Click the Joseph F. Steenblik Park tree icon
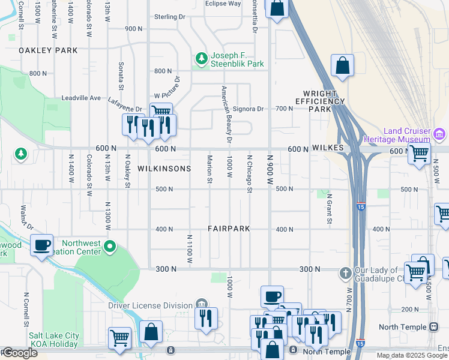click(x=201, y=59)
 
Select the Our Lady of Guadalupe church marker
click(x=345, y=273)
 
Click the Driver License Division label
click(x=150, y=305)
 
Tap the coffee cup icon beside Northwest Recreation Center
click(x=41, y=245)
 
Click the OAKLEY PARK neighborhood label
click(x=48, y=50)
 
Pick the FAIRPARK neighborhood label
click(x=229, y=229)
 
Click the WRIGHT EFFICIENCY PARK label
click(x=324, y=101)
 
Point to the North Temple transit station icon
click(x=433, y=327)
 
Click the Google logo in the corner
click(x=19, y=353)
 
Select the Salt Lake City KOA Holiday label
click(x=54, y=340)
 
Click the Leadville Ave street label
click(x=82, y=98)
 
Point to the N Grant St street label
click(x=329, y=208)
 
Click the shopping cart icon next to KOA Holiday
click(x=119, y=338)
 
